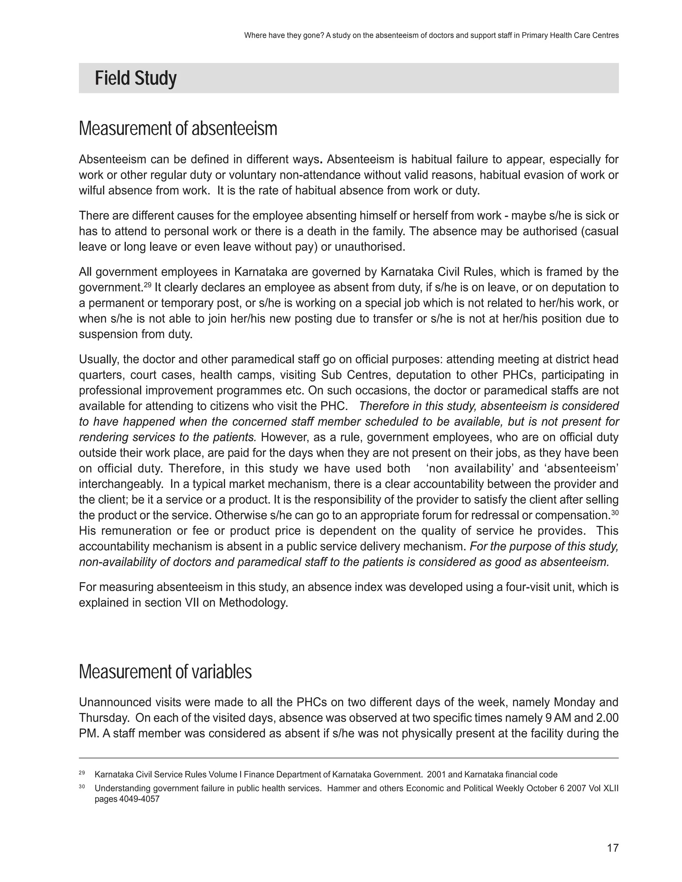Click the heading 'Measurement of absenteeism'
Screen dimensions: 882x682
(178, 129)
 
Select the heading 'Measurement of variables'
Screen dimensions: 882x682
(165, 672)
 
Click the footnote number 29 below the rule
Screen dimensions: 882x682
(82, 773)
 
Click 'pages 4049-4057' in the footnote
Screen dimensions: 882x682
(127, 799)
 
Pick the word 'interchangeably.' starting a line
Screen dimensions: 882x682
(121, 484)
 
